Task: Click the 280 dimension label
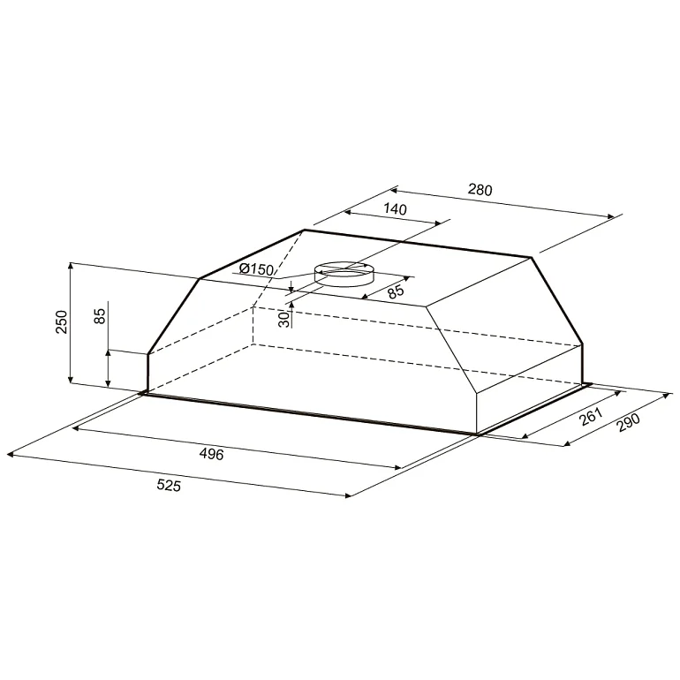tap(480, 190)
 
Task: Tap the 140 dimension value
tap(396, 209)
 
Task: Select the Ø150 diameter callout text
tap(256, 269)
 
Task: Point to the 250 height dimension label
tap(62, 321)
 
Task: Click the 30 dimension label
tap(283, 319)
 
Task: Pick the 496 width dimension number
tap(211, 454)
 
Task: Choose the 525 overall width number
tap(169, 486)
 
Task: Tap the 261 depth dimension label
tap(592, 416)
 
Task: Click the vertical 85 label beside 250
tap(100, 316)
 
